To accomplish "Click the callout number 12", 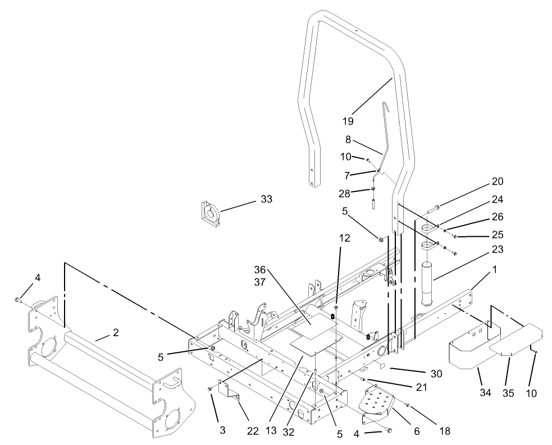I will click(x=344, y=238).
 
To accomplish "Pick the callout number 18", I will click(x=445, y=431).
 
